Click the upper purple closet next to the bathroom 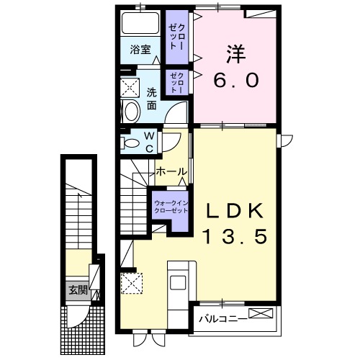coord(176,36)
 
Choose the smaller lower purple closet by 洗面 coord(176,83)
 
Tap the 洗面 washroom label coord(152,99)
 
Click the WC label coord(148,140)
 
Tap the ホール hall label coord(171,172)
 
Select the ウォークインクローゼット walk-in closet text coord(171,207)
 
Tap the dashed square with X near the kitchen coord(130,282)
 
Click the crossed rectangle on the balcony coord(261,314)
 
